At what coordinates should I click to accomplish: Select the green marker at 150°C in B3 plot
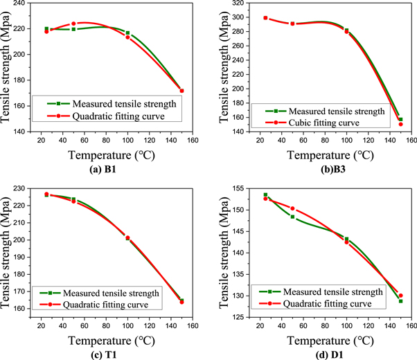click(400, 119)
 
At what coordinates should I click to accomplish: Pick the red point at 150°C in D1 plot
click(400, 296)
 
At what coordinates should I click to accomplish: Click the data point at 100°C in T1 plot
click(127, 238)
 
